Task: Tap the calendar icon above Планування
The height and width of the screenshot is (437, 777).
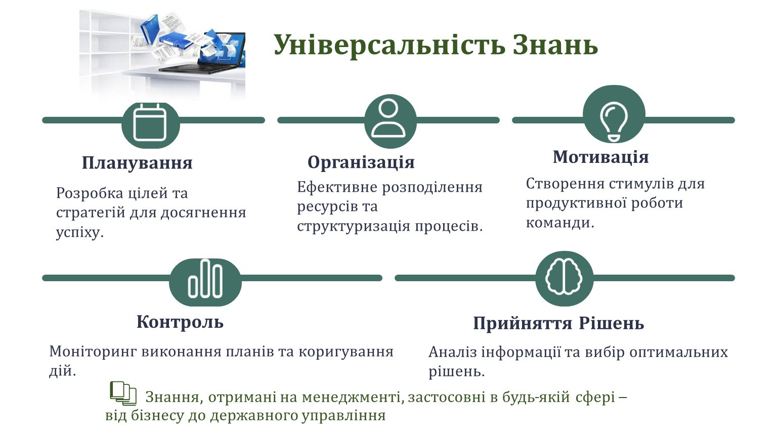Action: [x=150, y=122]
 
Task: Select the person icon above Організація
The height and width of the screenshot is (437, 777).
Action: [x=388, y=118]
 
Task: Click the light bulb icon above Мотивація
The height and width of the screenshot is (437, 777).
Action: [x=614, y=122]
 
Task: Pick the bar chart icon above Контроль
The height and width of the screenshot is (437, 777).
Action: [x=205, y=279]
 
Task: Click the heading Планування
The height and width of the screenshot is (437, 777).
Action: [x=137, y=163]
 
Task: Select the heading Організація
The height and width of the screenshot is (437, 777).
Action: [x=361, y=162]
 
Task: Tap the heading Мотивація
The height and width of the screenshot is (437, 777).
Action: [x=601, y=157]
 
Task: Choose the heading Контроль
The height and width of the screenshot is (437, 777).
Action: [x=180, y=322]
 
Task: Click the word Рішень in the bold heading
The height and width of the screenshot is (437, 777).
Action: [x=612, y=323]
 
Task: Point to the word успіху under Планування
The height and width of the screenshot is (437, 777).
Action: [x=80, y=232]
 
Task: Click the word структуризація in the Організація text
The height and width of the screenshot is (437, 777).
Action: [x=354, y=227]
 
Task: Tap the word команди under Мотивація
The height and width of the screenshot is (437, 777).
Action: [x=560, y=223]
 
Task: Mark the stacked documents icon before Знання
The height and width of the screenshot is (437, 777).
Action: [x=123, y=394]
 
